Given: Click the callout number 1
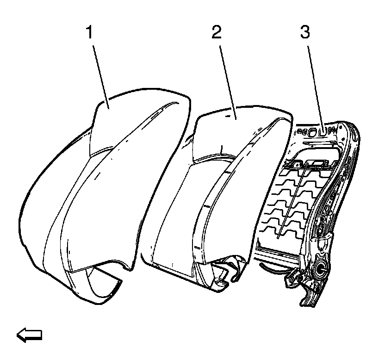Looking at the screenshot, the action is (x=90, y=33).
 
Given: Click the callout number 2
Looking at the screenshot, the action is (x=217, y=33).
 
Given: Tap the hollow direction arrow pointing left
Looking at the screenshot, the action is (x=29, y=334).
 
